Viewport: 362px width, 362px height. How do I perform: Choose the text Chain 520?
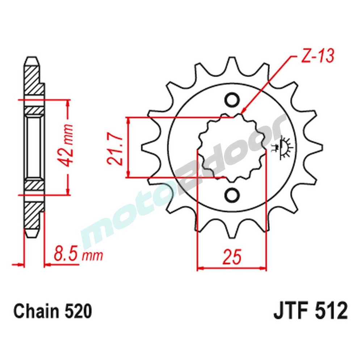(52, 311)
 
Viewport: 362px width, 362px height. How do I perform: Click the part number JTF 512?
(310, 311)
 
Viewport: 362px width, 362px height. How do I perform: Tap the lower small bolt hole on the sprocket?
(232, 195)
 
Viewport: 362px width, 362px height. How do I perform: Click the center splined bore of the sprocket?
(232, 148)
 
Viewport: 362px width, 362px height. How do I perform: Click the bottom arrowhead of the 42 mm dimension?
(68, 192)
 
